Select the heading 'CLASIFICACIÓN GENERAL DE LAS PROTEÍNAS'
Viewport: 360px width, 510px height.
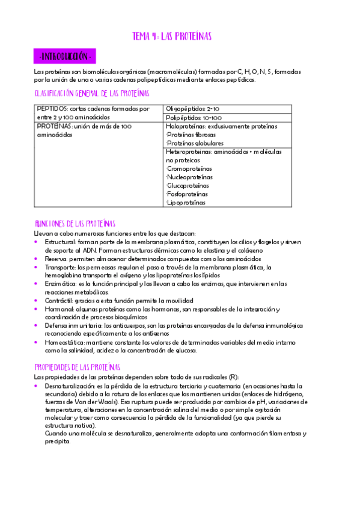tap(92, 94)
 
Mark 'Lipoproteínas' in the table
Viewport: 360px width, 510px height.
tap(185, 203)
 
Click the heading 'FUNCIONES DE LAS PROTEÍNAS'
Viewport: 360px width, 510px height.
tap(75, 223)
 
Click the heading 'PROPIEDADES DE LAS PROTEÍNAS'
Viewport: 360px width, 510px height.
tap(78, 367)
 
